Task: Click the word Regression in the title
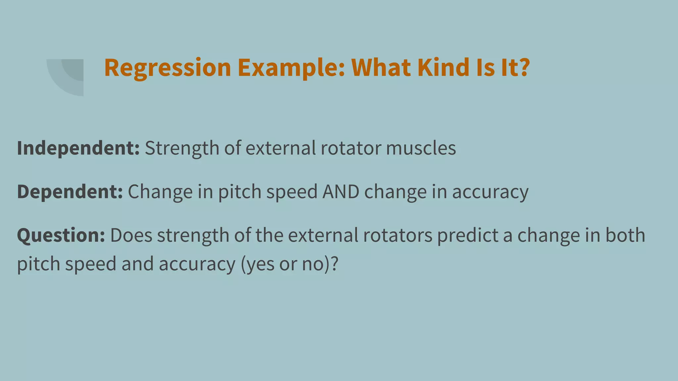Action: (x=168, y=68)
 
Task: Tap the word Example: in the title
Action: (x=291, y=68)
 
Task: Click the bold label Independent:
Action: (x=78, y=148)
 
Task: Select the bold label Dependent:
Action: (x=70, y=191)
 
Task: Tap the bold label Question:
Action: (x=61, y=235)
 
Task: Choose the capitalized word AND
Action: (x=341, y=191)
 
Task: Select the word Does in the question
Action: (x=131, y=235)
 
